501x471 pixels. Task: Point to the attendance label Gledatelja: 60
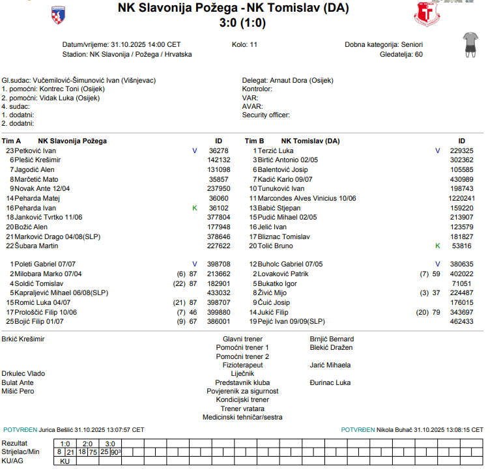pyautogui.click(x=401, y=54)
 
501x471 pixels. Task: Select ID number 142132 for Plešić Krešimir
pyautogui.click(x=219, y=160)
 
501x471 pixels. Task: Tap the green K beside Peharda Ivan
pyautogui.click(x=194, y=208)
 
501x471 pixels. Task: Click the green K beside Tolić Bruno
pyautogui.click(x=437, y=246)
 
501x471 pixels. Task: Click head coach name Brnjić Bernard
pyautogui.click(x=332, y=339)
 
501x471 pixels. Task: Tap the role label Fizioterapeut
pyautogui.click(x=242, y=365)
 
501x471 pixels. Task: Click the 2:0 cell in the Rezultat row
pyautogui.click(x=88, y=443)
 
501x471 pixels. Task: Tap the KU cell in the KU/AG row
pyautogui.click(x=64, y=461)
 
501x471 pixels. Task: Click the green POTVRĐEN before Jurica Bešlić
pyautogui.click(x=20, y=430)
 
